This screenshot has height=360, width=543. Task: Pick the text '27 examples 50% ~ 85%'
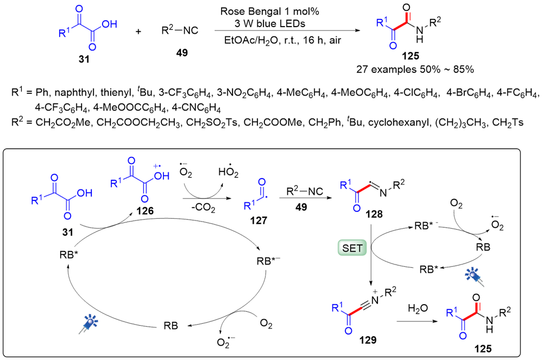click(413, 70)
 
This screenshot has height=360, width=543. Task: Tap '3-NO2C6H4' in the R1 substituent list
click(223, 94)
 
